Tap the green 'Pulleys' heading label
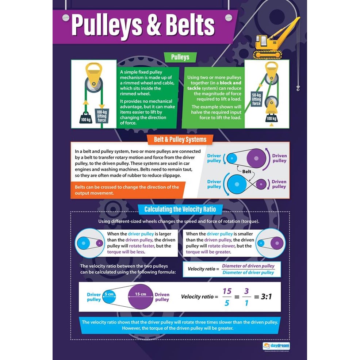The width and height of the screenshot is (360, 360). click(180, 57)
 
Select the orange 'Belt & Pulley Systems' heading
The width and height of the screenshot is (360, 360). click(180, 139)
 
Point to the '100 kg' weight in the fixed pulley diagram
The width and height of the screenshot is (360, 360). click(86, 118)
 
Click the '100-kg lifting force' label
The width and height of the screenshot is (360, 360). click(102, 116)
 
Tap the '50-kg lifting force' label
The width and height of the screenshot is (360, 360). click(256, 99)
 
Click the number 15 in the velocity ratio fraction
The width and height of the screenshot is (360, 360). click(227, 291)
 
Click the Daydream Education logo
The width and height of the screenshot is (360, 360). click(276, 345)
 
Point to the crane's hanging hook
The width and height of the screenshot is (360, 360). click(298, 88)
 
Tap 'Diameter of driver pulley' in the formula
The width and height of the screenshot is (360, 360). click(248, 272)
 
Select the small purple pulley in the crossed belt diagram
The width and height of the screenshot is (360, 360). click(260, 184)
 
